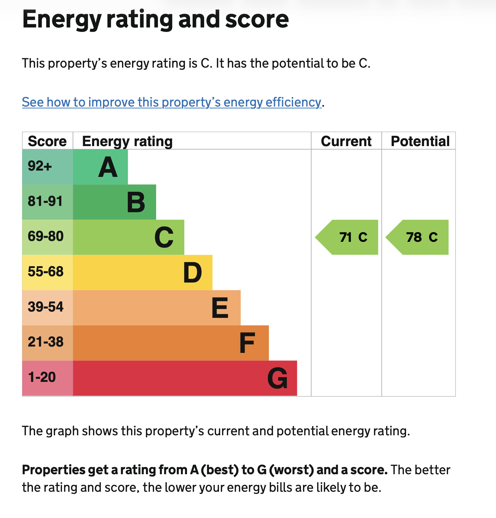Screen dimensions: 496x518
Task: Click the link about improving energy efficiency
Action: (172, 102)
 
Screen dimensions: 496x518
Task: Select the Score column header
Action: (47, 141)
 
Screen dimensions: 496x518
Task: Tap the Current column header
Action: (346, 141)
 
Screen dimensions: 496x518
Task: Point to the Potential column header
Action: (420, 141)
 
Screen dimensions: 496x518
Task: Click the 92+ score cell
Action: (48, 167)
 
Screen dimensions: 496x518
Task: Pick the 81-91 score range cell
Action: (48, 202)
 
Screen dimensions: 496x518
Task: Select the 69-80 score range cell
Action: (48, 237)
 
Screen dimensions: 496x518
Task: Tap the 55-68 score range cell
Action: (48, 272)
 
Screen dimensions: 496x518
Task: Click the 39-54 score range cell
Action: (48, 308)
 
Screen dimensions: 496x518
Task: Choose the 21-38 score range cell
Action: (48, 343)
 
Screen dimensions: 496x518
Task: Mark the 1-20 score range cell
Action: (48, 378)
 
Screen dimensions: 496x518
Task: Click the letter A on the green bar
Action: (108, 167)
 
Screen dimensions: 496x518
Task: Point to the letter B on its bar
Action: (136, 202)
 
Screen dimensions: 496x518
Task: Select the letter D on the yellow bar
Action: (192, 273)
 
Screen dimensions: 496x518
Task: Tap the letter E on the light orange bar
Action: (220, 308)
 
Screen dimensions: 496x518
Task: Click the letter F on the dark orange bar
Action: (247, 343)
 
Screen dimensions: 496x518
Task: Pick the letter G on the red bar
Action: (278, 378)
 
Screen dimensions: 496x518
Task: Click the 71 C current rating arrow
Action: (346, 237)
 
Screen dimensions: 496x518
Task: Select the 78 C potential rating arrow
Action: (417, 237)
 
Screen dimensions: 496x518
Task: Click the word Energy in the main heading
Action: (62, 20)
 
